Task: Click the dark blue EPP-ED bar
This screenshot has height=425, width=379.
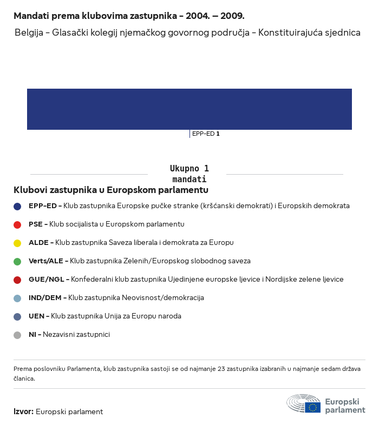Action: (190, 109)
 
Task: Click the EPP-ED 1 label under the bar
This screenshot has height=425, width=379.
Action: (206, 134)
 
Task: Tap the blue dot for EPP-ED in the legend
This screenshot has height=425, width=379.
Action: (17, 206)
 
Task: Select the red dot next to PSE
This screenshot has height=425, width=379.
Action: (17, 224)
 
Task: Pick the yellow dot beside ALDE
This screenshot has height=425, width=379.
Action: (17, 243)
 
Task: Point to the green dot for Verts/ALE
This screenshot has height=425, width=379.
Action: (17, 261)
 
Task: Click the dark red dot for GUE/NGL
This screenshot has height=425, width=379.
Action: (17, 280)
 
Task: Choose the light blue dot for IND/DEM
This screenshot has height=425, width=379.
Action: (17, 298)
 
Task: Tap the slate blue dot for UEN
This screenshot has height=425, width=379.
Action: (17, 316)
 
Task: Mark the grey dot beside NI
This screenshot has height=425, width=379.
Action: (17, 335)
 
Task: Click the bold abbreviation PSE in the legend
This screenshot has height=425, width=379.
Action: (36, 224)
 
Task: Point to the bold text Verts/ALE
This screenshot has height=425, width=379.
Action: (46, 261)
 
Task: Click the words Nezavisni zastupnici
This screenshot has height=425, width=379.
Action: (76, 335)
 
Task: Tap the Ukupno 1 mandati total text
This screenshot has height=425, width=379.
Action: (189, 174)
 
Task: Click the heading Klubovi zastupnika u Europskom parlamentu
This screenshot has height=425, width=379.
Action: (111, 190)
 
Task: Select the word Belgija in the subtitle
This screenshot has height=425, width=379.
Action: (29, 32)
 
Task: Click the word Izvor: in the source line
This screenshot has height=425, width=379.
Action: (23, 411)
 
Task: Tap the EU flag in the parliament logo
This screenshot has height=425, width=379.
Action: (312, 407)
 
